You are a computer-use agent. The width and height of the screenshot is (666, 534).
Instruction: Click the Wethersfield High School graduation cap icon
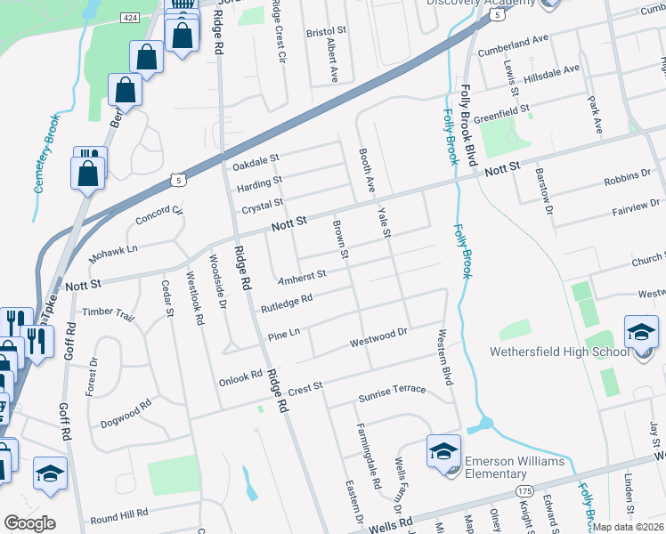(x=641, y=335)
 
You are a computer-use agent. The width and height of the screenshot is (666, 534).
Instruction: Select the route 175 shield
(x=524, y=491)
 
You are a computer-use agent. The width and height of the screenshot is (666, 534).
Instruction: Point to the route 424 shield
(x=131, y=17)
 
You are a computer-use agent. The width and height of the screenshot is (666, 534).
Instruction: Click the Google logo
(x=29, y=523)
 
